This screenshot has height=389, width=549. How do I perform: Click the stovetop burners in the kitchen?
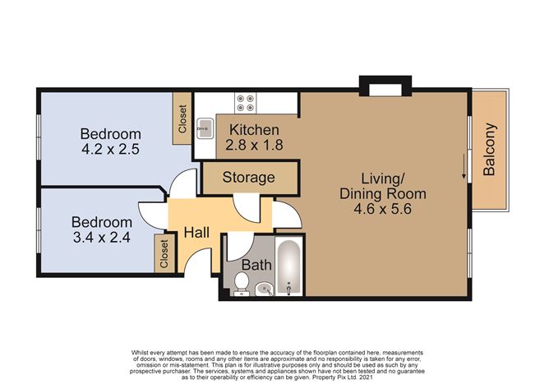[245, 103]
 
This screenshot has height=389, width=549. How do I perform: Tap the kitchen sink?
[205, 128]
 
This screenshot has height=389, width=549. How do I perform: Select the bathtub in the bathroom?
[288, 266]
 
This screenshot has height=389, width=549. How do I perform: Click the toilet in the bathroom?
[242, 284]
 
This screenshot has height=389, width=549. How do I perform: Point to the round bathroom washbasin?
[265, 289]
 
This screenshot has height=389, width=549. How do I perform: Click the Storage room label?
[248, 178]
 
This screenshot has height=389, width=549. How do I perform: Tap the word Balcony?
[489, 149]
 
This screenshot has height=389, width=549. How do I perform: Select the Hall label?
[196, 233]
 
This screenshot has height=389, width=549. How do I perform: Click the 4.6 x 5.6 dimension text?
[383, 209]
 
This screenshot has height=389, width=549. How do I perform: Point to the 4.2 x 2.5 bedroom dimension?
[110, 150]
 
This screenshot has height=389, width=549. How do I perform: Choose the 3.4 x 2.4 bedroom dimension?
[102, 238]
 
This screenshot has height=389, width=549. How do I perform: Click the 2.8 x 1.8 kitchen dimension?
[254, 145]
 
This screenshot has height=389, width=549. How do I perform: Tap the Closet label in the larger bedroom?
[182, 118]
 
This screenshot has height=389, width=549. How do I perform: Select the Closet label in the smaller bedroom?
[164, 254]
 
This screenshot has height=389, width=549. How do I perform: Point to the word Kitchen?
[254, 130]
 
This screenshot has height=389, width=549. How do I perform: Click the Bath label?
[256, 265]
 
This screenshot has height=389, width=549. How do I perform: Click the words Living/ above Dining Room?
[383, 178]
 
